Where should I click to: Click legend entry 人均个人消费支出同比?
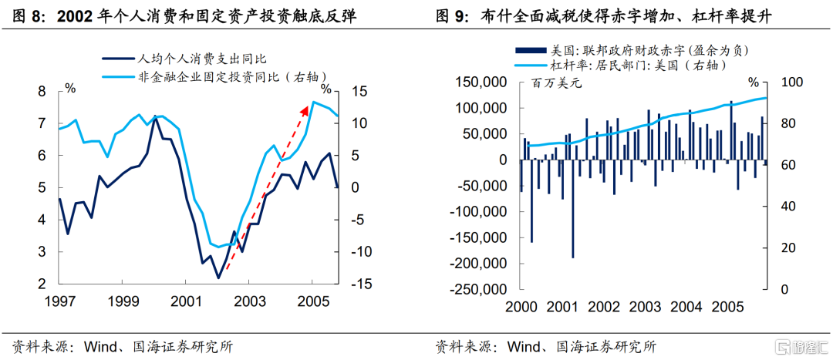pos(193,57)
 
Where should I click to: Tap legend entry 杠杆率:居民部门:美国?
pos(637,66)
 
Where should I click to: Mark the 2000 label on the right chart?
pos(521,306)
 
